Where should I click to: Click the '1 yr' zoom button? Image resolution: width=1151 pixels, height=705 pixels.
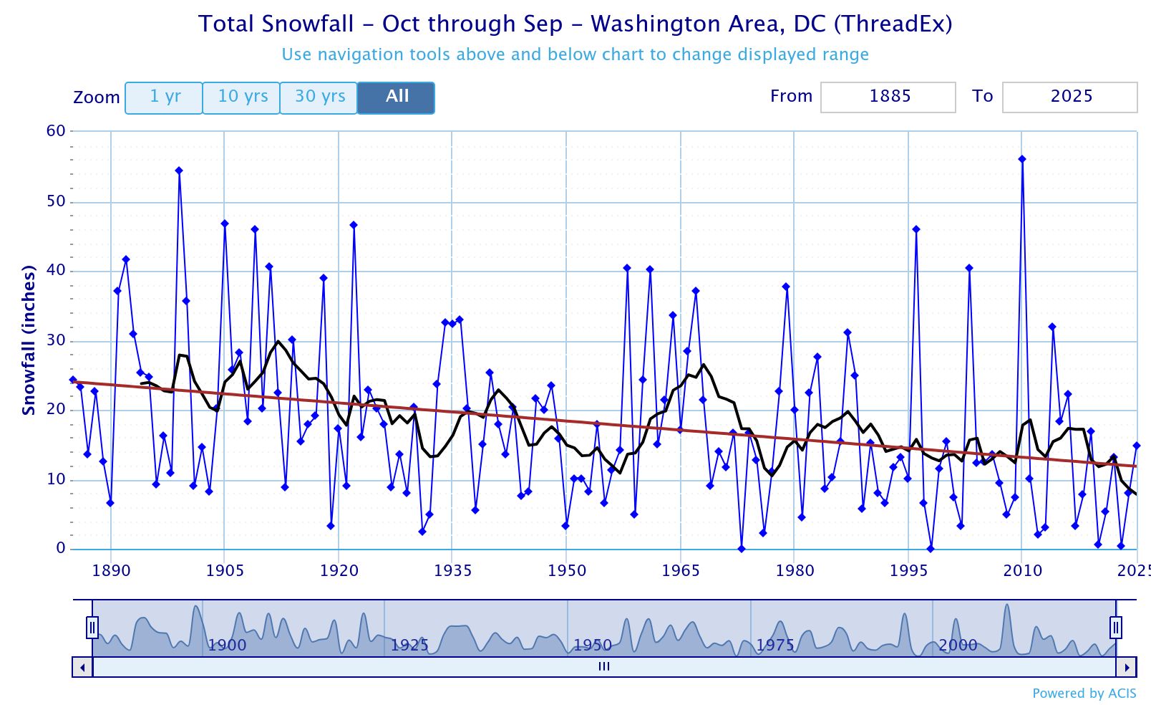[x=164, y=97]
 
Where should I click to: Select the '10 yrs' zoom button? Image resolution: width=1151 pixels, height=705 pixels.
[x=242, y=97]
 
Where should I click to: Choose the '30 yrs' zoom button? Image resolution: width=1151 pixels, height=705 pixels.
[x=319, y=97]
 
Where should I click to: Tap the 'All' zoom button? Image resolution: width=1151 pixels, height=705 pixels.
[x=397, y=97]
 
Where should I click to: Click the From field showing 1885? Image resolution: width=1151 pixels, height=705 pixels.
[x=888, y=97]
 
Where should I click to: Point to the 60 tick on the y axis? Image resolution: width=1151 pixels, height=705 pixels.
[x=56, y=131]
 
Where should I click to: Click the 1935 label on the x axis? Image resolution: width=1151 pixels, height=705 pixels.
[x=452, y=571]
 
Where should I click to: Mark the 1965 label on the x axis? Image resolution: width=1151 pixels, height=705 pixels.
[x=680, y=571]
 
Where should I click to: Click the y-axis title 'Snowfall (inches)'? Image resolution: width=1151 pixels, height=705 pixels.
[x=29, y=340]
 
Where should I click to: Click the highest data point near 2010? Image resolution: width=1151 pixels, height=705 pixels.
[x=1022, y=159]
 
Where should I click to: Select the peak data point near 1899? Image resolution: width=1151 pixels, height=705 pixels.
[x=179, y=171]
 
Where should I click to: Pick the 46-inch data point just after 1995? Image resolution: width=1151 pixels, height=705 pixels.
[x=916, y=229]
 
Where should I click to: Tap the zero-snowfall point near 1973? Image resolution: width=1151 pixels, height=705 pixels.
[x=742, y=549]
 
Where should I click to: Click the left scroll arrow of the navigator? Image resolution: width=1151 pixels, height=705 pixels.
[x=82, y=667]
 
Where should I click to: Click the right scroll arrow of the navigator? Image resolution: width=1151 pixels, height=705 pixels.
[x=1127, y=667]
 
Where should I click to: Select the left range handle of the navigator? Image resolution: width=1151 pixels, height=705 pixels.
[x=92, y=628]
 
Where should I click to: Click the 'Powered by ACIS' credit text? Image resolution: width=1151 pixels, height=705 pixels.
[x=1084, y=693]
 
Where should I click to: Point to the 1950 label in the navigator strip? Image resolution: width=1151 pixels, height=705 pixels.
[x=593, y=645]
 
